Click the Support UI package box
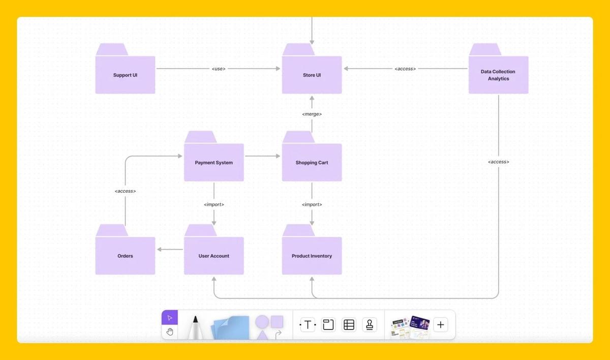point(125,75)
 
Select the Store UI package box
point(312,75)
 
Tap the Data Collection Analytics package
point(498,75)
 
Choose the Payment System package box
point(213,163)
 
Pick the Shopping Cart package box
point(312,163)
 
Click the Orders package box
point(125,256)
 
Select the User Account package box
point(213,256)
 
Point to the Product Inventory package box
point(312,256)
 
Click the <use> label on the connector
point(219,69)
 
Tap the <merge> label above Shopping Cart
point(312,114)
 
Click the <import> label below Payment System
point(213,204)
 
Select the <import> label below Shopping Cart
point(312,204)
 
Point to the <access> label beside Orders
point(125,191)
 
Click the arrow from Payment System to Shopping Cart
point(262,156)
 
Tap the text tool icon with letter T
point(308,324)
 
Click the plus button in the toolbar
point(441,324)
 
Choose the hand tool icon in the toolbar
point(170,332)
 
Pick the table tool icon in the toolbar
point(349,324)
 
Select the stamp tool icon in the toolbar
point(370,324)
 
